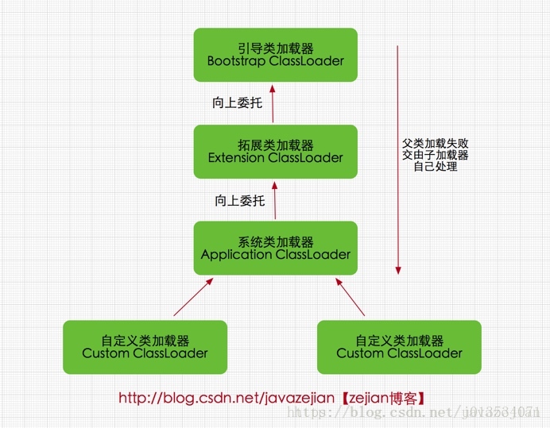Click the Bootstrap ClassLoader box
point(275,55)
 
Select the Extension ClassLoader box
point(275,151)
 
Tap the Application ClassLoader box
point(275,249)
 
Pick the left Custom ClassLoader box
point(145,347)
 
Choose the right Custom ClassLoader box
point(399,347)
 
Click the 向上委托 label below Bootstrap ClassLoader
point(237,102)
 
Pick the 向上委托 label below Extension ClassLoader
point(239,201)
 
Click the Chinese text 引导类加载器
point(275,48)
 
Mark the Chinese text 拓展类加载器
point(275,145)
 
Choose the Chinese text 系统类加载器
point(275,242)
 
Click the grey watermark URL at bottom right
point(413,412)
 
